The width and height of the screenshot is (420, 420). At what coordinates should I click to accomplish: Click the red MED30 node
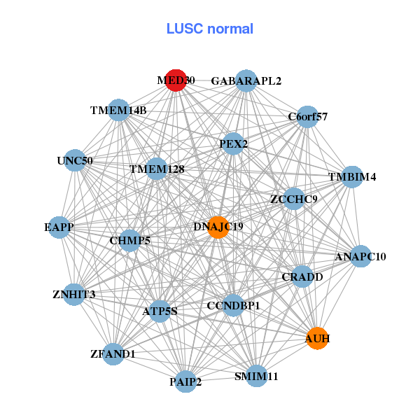[176, 80]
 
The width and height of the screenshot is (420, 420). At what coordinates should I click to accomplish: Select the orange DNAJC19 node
[218, 227]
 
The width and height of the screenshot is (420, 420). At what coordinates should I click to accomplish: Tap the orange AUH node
[317, 338]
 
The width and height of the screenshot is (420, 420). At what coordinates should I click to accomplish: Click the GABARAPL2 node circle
[246, 80]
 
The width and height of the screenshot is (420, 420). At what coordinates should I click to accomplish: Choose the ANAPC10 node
[360, 256]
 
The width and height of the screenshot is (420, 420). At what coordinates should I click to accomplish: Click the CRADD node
[302, 276]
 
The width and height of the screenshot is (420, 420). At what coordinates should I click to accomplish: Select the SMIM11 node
[257, 376]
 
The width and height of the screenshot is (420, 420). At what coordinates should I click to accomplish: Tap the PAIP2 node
[185, 381]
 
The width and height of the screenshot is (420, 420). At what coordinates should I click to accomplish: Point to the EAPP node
[59, 227]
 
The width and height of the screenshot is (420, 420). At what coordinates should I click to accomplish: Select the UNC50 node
[74, 160]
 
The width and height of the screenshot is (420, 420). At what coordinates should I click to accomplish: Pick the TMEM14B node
[118, 110]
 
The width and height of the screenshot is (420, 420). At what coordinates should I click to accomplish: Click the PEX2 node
[233, 143]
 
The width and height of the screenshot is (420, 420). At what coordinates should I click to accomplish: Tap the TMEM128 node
[156, 169]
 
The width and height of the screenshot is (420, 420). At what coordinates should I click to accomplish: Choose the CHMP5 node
[130, 240]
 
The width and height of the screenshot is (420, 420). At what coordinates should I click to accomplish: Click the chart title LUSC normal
[209, 29]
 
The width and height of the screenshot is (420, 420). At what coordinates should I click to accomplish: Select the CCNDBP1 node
[233, 305]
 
